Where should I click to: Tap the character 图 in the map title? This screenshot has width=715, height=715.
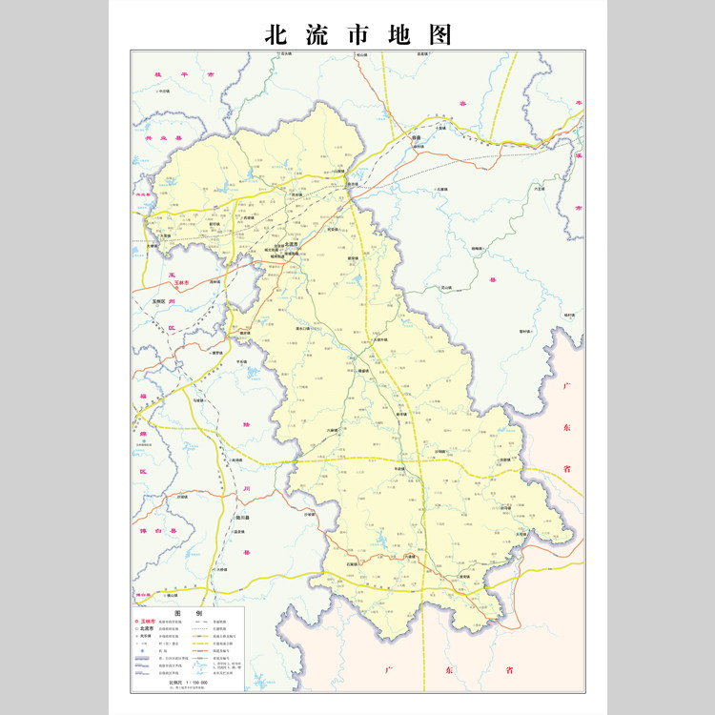tap(435, 35)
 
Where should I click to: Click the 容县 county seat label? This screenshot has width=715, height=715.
tap(416, 138)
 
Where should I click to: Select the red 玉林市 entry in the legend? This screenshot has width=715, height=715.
tap(151, 622)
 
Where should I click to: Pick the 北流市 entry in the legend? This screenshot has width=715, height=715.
tap(149, 630)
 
